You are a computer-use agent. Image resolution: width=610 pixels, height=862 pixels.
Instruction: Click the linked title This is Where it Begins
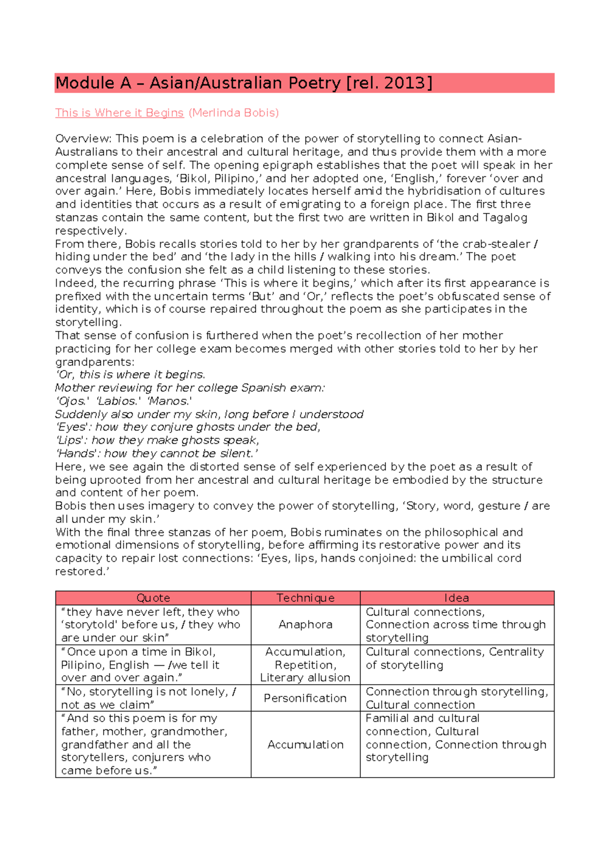coord(119,113)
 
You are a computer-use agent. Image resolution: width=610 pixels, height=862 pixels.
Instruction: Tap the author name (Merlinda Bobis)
coord(234,113)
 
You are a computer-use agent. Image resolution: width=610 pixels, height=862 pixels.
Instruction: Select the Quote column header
coord(153,598)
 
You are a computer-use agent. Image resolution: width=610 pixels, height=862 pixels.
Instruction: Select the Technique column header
coord(305,598)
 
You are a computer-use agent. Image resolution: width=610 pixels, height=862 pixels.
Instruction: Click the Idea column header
coord(456,598)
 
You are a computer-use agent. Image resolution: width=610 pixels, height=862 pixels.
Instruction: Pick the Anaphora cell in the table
coord(305,625)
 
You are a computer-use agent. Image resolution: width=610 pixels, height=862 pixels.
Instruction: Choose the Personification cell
coord(305,698)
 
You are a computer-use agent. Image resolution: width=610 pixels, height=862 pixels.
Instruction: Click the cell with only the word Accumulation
coord(305,745)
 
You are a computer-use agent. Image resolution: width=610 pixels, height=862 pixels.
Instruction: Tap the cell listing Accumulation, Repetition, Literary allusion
coord(305,665)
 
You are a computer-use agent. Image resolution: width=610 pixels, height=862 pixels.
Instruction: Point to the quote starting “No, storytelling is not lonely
coord(148,698)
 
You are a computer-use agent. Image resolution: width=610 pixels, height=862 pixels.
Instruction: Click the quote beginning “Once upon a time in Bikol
coord(140,665)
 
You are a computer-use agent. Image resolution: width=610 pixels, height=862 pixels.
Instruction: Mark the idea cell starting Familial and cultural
coord(455,738)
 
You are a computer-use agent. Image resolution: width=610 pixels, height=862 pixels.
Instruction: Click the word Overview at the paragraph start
coord(83,139)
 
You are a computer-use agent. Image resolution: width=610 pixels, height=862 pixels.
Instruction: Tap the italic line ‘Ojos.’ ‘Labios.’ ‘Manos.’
coord(124,401)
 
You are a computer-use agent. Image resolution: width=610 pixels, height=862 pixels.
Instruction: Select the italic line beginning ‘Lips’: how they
coord(157,440)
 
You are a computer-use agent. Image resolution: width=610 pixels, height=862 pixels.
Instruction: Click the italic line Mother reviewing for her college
coord(190,388)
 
